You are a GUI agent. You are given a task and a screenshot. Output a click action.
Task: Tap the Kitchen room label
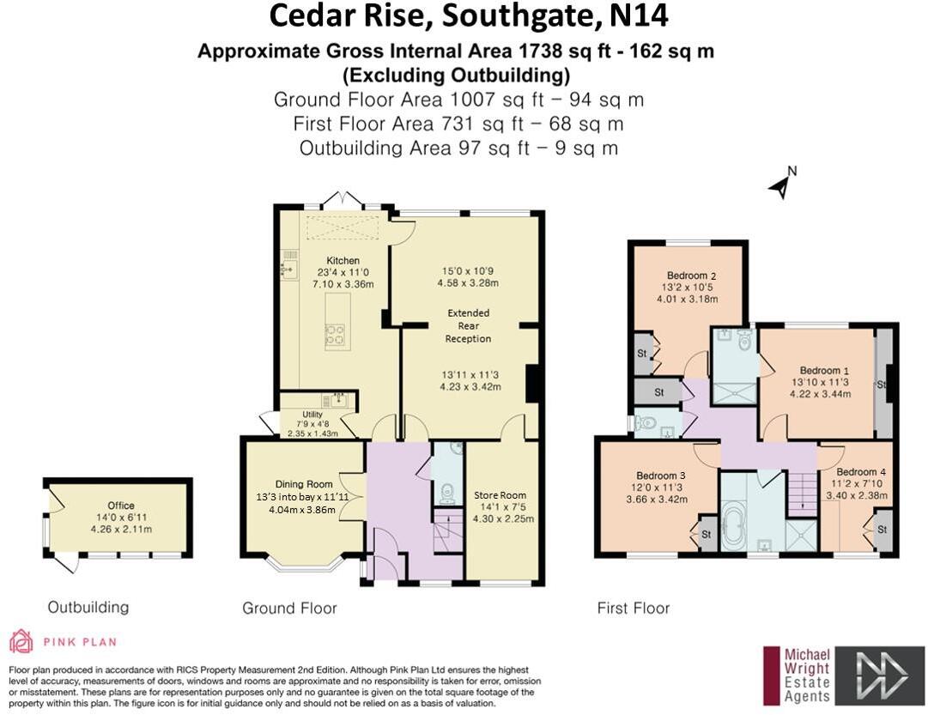pos(343,261)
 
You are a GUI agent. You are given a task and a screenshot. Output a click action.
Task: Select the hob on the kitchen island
pos(335,334)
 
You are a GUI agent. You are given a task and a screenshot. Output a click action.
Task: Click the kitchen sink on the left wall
pos(287,270)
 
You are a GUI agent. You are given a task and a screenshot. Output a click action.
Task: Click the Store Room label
pos(500,495)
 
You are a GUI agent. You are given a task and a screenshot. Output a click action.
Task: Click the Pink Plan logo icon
pos(21,641)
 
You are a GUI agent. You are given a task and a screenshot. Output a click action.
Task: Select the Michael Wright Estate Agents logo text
pos(807,676)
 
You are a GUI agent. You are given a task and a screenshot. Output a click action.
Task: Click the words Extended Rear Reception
pos(468,325)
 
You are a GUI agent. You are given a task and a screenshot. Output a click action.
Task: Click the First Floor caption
pos(633,609)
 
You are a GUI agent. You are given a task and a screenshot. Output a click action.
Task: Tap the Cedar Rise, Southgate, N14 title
pos(469,16)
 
